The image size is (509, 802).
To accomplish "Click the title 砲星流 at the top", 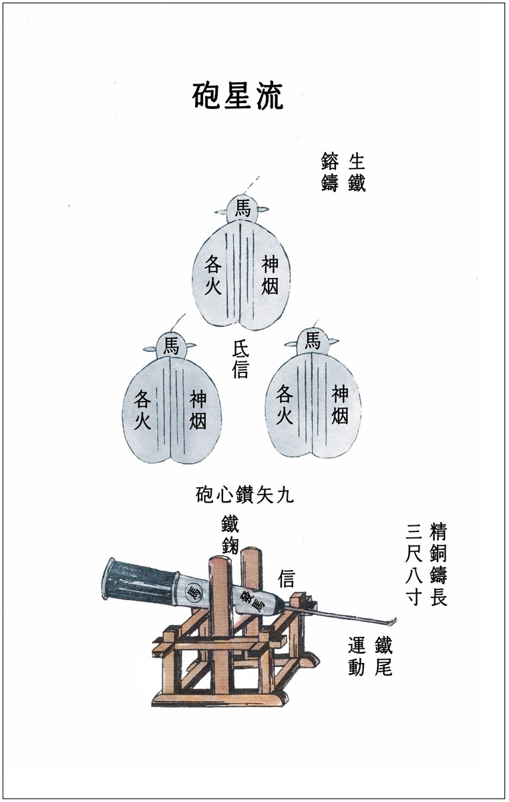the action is pos(238,96).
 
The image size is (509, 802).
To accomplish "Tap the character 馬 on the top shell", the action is pos(242,209).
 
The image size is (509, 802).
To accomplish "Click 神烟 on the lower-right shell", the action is pos(340,404).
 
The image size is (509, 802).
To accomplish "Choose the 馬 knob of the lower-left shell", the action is pos(171,347).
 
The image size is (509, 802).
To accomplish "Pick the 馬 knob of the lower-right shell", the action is pos(312,340).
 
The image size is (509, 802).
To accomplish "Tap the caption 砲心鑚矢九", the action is pos(245,495).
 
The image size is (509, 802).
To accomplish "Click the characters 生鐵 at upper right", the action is pos(357,172).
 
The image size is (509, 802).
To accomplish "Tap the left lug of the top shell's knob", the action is pos(221,213).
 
